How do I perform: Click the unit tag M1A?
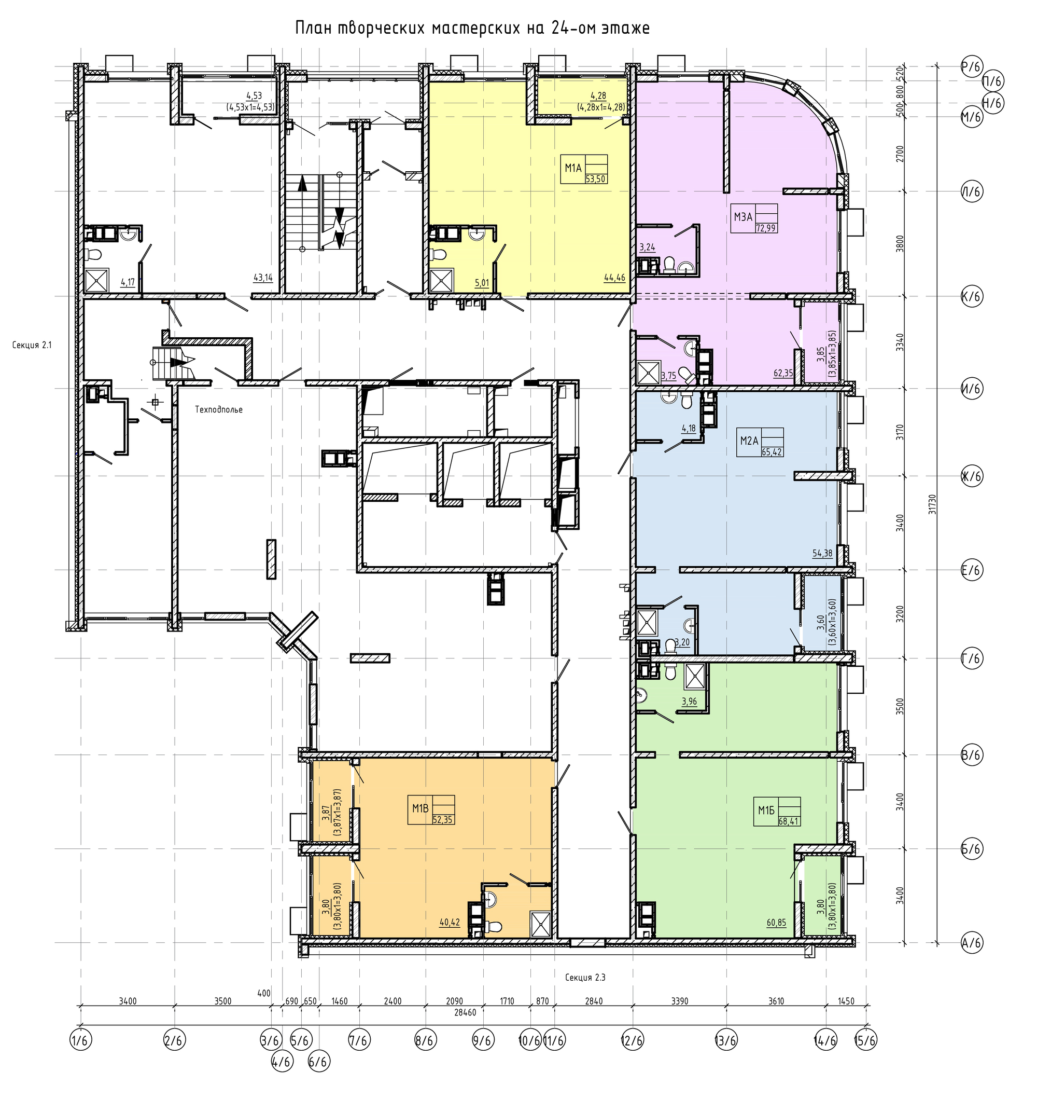[573, 168]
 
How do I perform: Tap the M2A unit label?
[749, 441]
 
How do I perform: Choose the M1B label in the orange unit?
[420, 808]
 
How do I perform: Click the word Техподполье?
[219, 410]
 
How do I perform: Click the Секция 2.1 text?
[32, 346]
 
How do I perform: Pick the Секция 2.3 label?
[585, 977]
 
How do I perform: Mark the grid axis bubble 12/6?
[633, 1040]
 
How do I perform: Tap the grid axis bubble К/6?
[971, 296]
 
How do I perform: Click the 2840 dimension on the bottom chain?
[594, 1000]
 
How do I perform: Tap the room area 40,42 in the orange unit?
[450, 922]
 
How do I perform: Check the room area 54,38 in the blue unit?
[822, 553]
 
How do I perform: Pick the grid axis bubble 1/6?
[80, 1040]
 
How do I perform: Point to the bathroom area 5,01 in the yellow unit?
[482, 282]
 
